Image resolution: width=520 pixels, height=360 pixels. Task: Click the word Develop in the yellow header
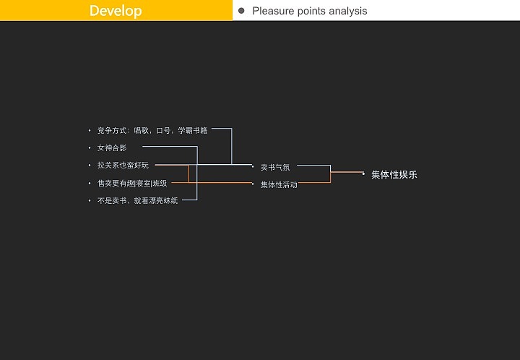pos(116,11)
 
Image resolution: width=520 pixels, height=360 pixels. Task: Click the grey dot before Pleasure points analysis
pos(241,11)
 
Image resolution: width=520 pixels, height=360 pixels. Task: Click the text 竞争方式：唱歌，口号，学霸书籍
pos(152,130)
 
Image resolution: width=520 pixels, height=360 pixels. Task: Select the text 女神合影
pos(112,147)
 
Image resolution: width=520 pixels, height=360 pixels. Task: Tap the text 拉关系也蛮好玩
pos(123,166)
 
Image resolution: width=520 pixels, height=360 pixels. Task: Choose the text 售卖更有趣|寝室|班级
pos(132,183)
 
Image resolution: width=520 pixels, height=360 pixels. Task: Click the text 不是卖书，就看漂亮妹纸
pos(137,200)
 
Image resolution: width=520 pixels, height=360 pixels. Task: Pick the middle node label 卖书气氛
pos(275,167)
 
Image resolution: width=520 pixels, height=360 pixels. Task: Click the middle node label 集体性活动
pos(279,184)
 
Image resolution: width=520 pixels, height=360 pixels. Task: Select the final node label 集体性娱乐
pos(394,174)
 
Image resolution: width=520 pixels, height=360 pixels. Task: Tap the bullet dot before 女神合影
pos(90,148)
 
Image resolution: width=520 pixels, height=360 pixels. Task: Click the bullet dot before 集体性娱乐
pos(363,174)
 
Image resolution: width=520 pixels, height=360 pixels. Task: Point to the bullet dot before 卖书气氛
pos(253,167)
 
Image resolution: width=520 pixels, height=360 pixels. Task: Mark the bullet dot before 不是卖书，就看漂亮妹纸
pos(90,200)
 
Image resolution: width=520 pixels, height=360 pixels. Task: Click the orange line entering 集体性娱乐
pos(347,172)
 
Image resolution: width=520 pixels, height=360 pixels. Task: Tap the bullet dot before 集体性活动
pos(253,184)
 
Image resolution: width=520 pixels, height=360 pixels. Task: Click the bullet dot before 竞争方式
pos(90,131)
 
